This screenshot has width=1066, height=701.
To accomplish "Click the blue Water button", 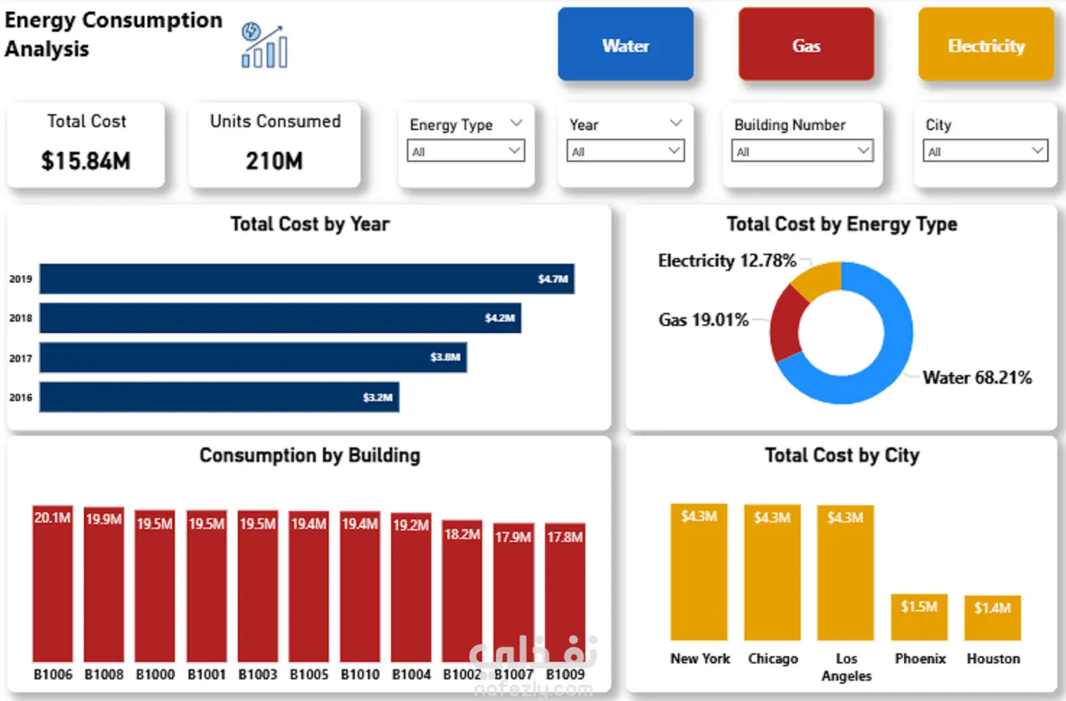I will tap(625, 45).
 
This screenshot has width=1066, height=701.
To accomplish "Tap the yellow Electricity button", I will tap(986, 45).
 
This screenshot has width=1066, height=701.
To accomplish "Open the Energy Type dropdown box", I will tap(465, 151).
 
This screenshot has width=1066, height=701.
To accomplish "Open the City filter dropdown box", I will tap(985, 151).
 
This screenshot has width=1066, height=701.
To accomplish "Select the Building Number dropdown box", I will tap(802, 151).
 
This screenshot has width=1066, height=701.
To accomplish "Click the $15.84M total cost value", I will tap(85, 160).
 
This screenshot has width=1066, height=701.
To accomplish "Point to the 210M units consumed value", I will tap(274, 160).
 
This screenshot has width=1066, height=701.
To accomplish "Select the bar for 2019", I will tap(306, 279).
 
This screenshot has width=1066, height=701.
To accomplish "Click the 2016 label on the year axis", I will tap(20, 397).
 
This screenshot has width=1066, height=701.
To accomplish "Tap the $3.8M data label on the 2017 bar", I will tap(444, 357).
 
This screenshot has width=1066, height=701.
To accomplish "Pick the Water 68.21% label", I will tap(976, 377).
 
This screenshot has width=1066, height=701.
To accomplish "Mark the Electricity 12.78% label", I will tap(726, 260).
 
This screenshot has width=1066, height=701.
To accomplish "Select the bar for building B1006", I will tap(53, 585).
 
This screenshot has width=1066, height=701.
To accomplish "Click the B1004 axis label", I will tap(411, 674).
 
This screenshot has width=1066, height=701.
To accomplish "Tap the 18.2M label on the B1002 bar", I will tap(462, 534).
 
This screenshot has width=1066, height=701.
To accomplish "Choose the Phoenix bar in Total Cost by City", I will tap(919, 618).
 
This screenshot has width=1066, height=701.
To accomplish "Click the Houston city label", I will tap(993, 658).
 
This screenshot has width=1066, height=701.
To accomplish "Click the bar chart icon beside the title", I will tap(265, 46).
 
